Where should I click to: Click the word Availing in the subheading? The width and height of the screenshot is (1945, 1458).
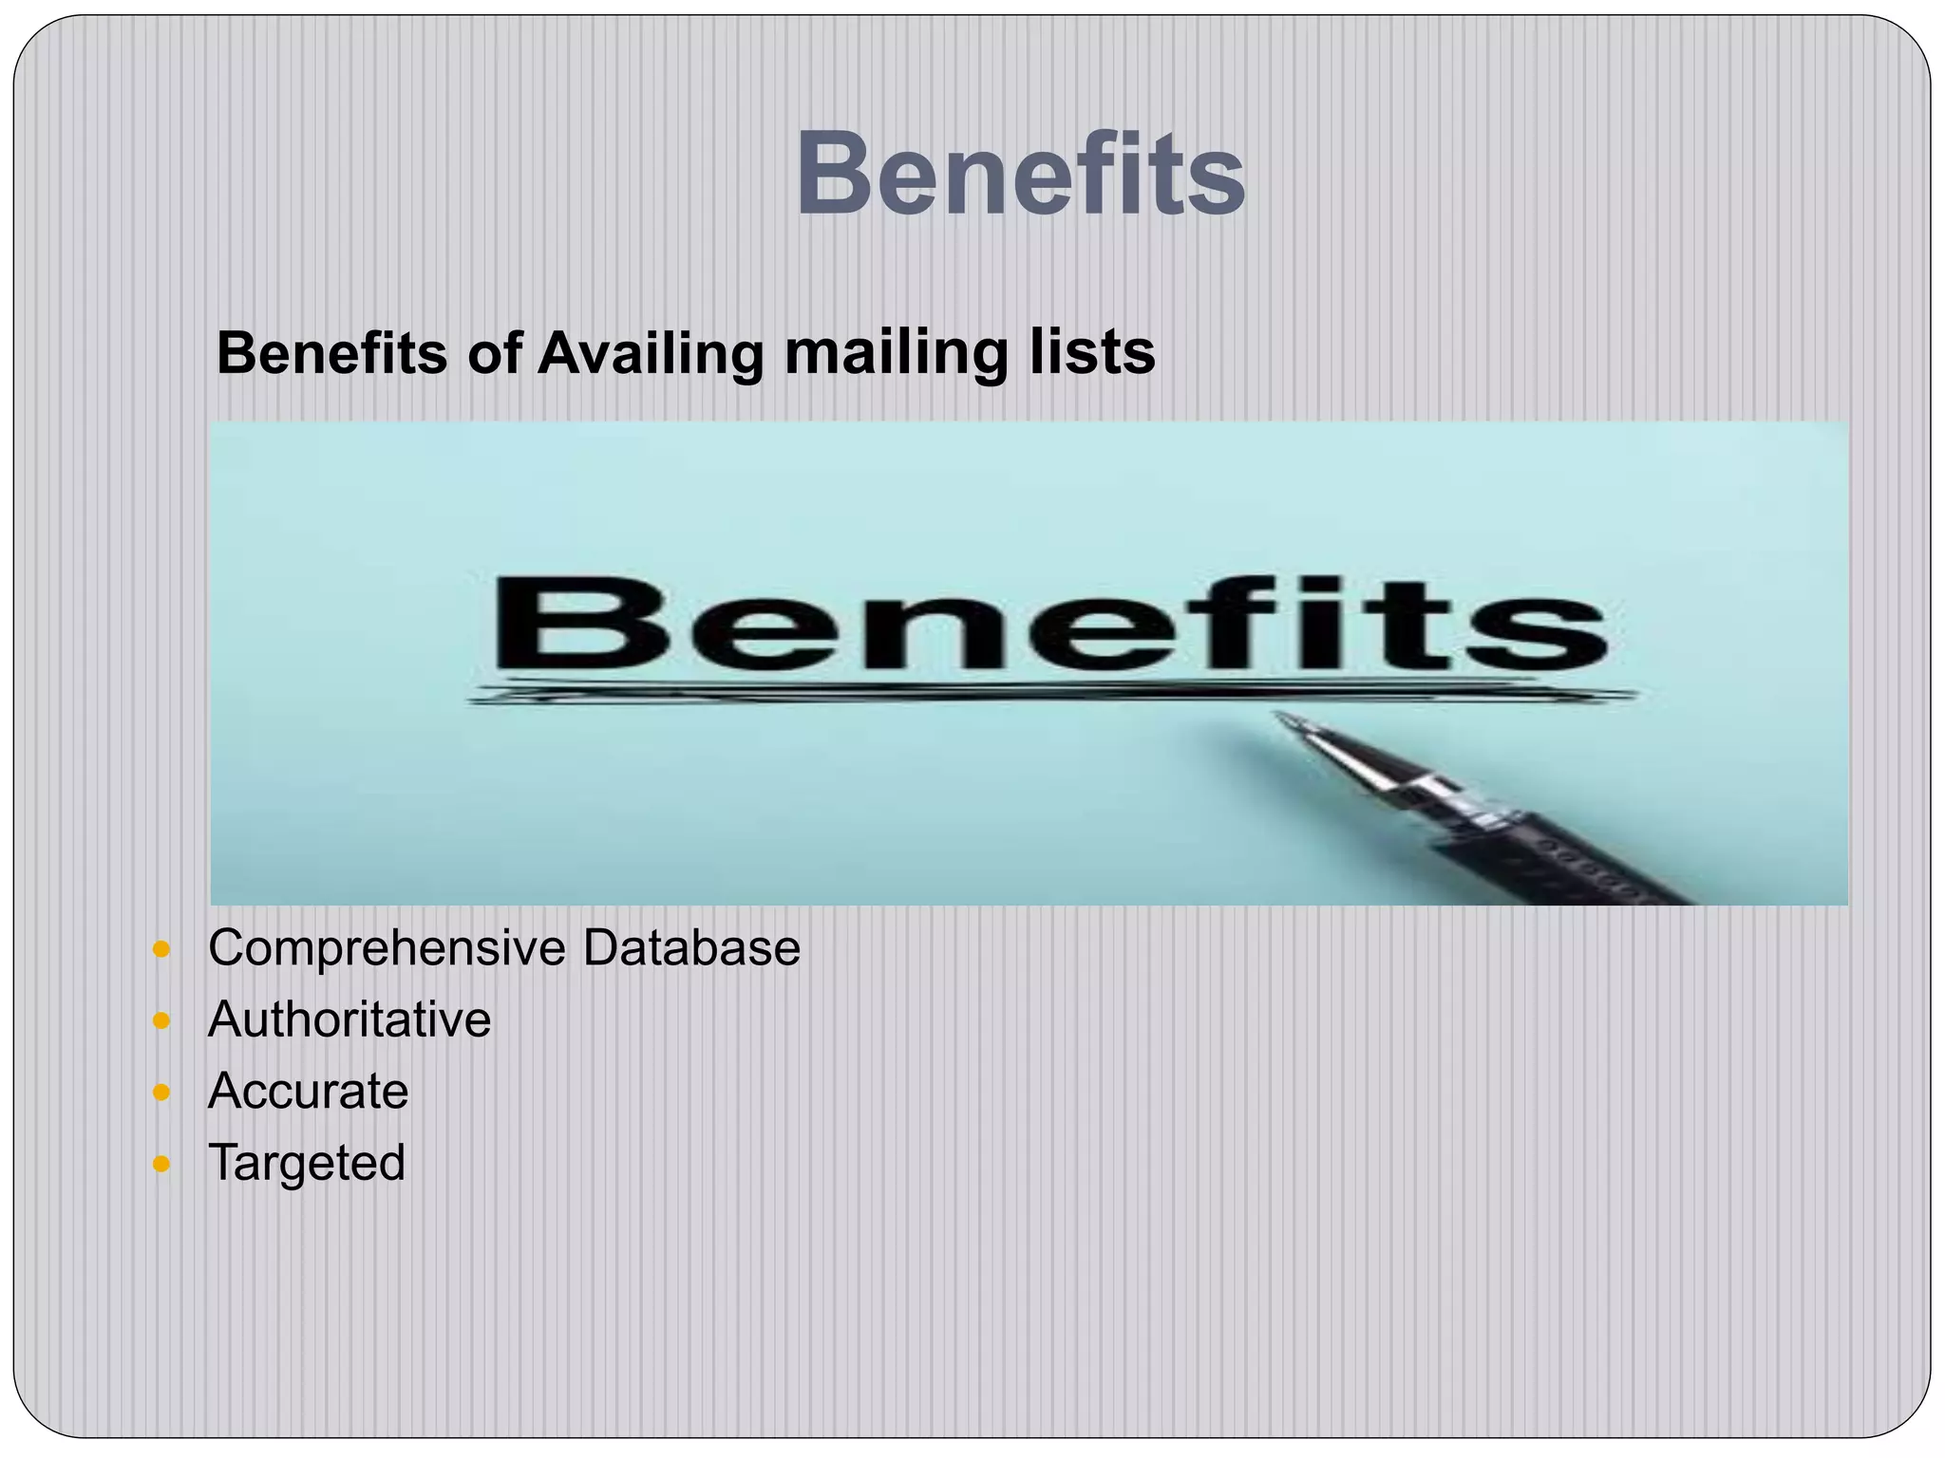pos(650,353)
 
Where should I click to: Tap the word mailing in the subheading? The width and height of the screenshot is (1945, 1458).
pos(895,353)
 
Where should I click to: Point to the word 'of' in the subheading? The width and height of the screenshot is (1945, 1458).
pos(494,353)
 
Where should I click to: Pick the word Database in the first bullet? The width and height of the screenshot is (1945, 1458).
pos(691,948)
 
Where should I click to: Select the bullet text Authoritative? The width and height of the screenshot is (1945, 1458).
pos(349,1019)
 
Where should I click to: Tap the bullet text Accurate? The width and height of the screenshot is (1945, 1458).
pos(308,1091)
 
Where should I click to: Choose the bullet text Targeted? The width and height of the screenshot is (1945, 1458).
pos(306,1163)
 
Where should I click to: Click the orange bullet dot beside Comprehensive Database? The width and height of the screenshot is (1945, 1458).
pos(161,949)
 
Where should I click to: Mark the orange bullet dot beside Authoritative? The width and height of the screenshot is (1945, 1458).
pos(161,1021)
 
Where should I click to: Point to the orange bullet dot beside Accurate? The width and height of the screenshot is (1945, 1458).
pos(161,1093)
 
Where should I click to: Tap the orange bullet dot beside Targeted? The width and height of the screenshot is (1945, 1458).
pos(161,1164)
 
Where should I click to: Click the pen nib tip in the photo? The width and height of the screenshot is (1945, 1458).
pos(1282,719)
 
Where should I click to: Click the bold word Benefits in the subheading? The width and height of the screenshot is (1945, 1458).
pos(331,353)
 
